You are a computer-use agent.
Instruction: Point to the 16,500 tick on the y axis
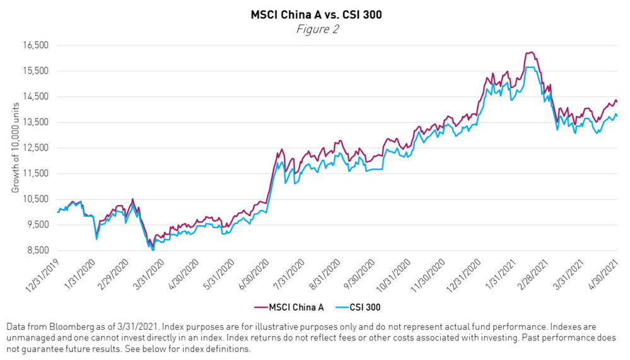(x=36, y=45)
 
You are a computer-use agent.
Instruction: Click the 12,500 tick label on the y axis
(x=36, y=148)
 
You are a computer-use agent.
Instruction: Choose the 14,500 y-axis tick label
(x=36, y=96)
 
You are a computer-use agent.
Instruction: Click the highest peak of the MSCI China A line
(x=532, y=52)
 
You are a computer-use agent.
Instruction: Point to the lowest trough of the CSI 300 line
(x=153, y=250)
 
